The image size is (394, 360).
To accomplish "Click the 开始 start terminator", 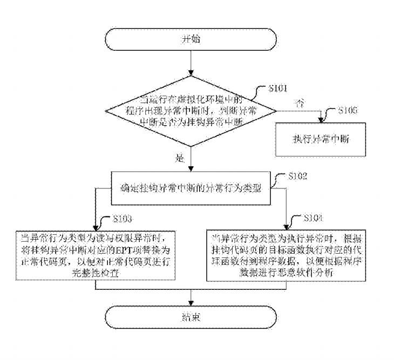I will point(192,40).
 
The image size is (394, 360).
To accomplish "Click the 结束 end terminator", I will point(192,316).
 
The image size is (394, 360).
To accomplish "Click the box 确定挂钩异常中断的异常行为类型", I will point(192,189).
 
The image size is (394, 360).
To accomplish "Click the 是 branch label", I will point(180,159).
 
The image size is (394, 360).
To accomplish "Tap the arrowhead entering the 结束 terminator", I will point(192,303).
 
